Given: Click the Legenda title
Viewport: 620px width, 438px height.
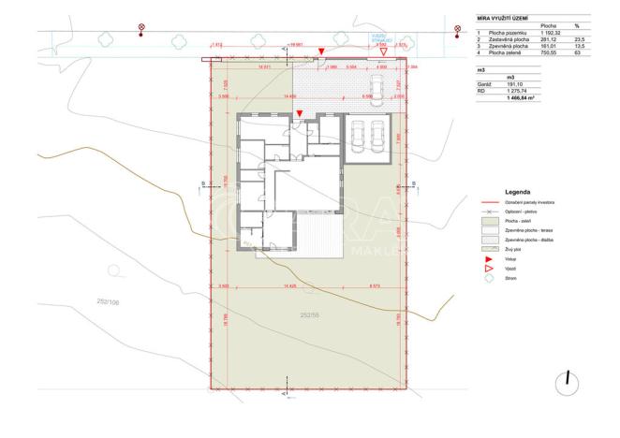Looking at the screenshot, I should [519, 191].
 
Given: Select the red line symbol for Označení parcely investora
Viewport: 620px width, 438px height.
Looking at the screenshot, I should [488, 202].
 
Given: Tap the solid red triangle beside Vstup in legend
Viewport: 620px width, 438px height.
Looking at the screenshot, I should [489, 258].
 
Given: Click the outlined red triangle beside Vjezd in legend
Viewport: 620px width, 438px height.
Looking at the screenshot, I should [489, 268].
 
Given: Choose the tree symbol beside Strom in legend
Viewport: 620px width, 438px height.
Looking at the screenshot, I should [489, 278].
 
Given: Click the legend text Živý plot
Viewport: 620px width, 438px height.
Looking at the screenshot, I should [512, 249].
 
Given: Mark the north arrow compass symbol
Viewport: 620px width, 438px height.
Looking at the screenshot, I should [567, 382].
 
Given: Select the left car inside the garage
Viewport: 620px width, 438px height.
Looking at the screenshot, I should [358, 139].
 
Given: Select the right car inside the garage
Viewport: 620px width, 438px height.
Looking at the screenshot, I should [379, 139].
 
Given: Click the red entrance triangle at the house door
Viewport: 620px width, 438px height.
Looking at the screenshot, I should [299, 113].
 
